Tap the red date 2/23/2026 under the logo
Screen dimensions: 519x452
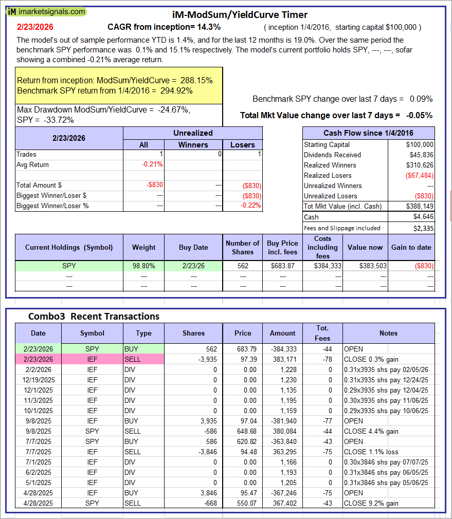coord(35,27)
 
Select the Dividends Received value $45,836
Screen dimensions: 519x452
coord(420,155)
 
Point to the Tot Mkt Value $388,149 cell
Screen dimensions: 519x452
coord(419,206)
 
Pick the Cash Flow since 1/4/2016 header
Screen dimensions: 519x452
coord(368,133)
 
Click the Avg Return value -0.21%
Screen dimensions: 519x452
coord(153,164)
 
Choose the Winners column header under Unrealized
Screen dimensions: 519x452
coord(193,145)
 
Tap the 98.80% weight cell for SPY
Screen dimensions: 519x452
coord(143,266)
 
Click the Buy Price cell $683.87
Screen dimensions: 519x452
coord(282,266)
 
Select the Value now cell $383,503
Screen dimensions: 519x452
coord(365,266)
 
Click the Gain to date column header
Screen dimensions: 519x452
coord(411,247)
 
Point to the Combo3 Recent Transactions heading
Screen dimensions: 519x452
coord(94,316)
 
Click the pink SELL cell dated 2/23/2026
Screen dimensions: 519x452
coord(143,359)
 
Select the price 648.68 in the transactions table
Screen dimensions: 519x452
coord(243,431)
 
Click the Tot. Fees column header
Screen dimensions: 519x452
coord(322,332)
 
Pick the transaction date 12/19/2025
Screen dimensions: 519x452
coord(38,380)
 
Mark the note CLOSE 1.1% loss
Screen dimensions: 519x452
coord(369,452)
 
